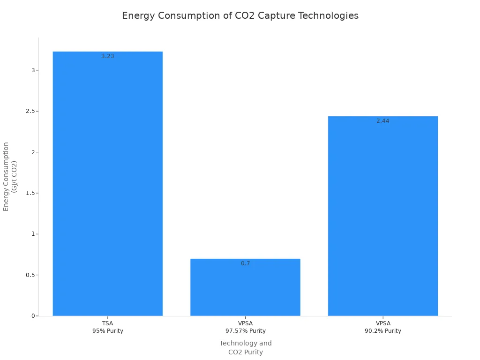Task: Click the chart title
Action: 240,16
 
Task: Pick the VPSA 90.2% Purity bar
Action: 383,216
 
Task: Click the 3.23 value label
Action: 108,56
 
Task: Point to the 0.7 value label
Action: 245,263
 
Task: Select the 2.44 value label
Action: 383,121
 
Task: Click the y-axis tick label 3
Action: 33,70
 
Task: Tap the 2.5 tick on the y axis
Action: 31,111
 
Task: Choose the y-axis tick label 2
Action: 33,152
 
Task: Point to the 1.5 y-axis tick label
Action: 31,193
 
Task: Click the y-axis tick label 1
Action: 33,234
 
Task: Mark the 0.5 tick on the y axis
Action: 31,275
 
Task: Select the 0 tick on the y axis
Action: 33,316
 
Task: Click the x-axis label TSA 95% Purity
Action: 108,327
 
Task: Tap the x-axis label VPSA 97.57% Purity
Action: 245,327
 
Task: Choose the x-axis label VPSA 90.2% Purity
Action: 383,327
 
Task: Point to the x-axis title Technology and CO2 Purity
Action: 245,348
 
